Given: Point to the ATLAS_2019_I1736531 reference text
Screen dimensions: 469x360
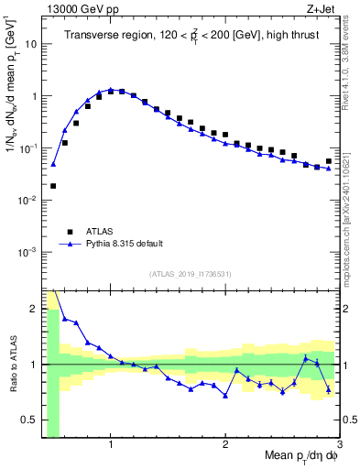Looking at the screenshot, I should [x=191, y=274].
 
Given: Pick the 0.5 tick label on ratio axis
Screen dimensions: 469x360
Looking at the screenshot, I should [x=27, y=420].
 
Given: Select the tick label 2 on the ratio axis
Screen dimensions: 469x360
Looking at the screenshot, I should [x=32, y=308].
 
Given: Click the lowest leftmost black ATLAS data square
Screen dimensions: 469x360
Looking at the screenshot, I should [x=53, y=185].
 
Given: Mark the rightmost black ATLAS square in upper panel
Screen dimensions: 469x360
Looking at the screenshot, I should [x=329, y=161].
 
